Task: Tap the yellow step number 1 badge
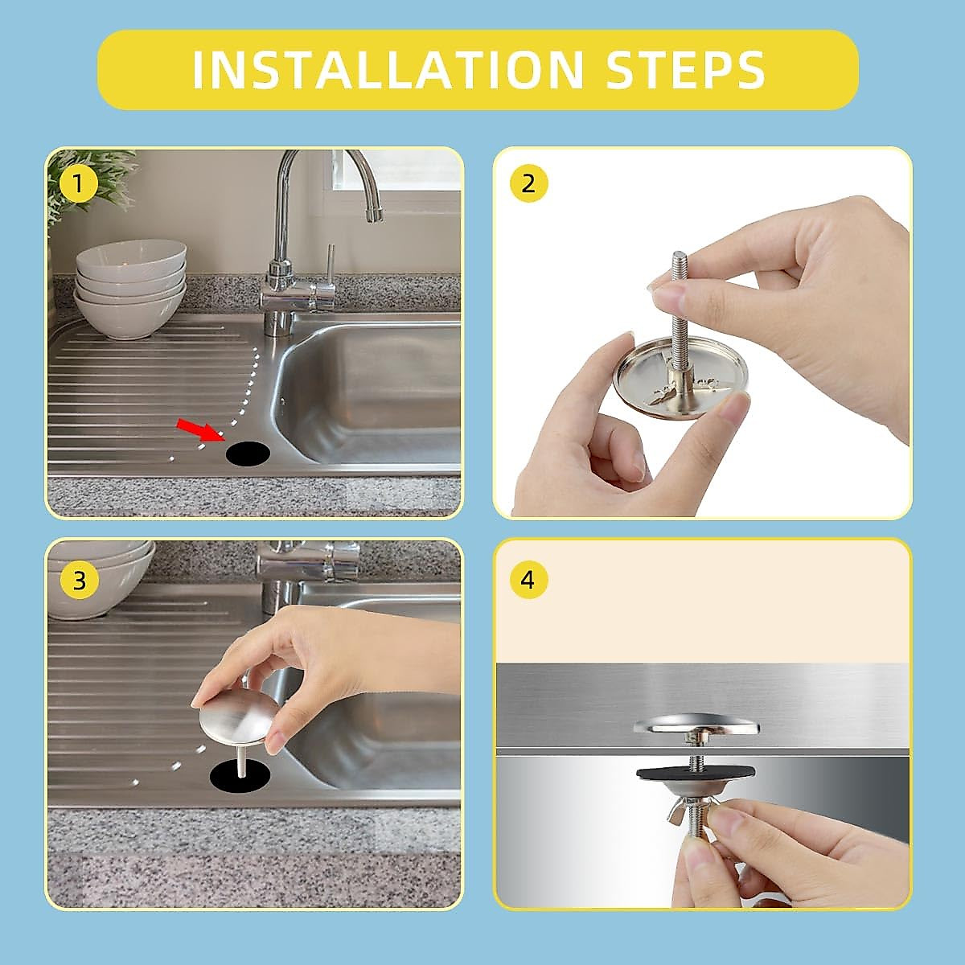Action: (x=78, y=184)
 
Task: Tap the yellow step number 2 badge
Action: (x=528, y=184)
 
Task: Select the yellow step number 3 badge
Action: (x=79, y=581)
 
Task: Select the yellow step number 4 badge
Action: (x=528, y=581)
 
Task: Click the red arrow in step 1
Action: (x=201, y=431)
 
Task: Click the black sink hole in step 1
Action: (x=248, y=454)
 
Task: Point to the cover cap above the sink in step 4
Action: (x=696, y=725)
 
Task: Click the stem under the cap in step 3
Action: (x=241, y=762)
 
